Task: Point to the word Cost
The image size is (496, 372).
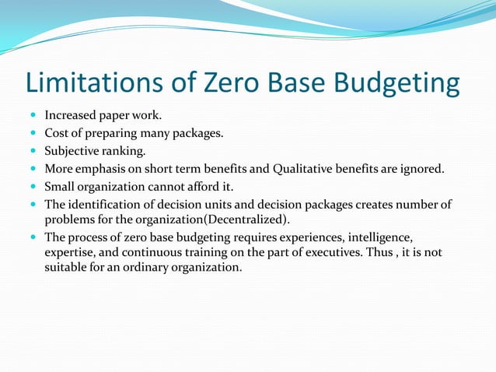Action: (x=57, y=133)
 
